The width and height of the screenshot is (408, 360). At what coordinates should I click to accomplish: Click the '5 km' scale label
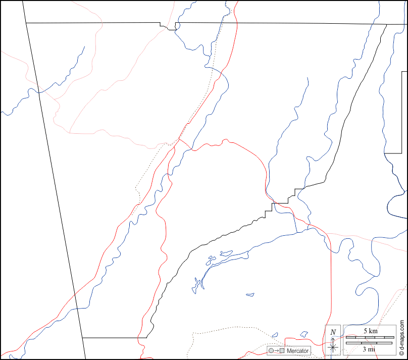coord(370,331)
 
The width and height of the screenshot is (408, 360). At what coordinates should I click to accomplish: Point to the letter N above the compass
coord(333,332)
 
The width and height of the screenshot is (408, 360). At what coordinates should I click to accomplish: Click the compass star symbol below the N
coord(333,346)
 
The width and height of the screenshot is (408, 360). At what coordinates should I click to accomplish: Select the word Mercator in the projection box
coord(297,350)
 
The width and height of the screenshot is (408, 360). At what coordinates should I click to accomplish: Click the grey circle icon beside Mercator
coord(271,350)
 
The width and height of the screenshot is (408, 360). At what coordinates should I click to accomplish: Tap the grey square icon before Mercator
coord(282,350)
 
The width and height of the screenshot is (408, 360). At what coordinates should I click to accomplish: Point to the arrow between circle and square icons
coord(277,350)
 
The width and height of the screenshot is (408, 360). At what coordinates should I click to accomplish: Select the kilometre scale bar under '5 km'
coord(369,337)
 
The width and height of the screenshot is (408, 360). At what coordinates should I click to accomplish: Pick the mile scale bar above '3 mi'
coord(369,343)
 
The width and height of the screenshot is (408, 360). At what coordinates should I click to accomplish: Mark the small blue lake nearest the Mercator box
coord(275,334)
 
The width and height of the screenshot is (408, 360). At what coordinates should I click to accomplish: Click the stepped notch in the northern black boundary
coord(169,27)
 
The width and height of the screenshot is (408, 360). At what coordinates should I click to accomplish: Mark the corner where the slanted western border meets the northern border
coord(26,23)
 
